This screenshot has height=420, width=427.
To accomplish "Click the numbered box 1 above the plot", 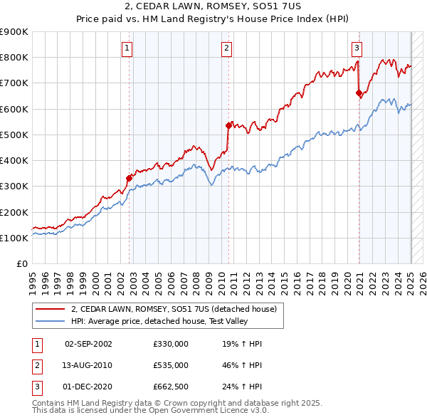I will point(127,48).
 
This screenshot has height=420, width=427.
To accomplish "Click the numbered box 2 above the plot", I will point(226,48).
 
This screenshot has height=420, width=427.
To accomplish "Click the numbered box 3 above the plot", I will point(357,48).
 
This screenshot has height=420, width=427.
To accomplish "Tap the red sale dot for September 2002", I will point(130,178).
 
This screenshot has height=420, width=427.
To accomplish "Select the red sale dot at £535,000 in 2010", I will point(229,125).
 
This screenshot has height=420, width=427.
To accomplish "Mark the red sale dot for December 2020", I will point(359,93).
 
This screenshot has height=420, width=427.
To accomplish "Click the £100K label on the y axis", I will point(15,238).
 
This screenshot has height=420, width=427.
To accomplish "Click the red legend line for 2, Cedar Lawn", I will point(51,308).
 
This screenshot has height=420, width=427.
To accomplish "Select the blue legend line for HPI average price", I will point(51,321).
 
